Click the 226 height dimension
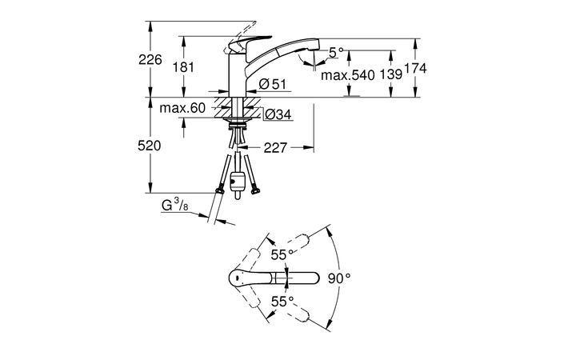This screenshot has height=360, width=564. pyautogui.click(x=150, y=59)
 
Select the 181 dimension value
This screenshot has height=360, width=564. pyautogui.click(x=184, y=68)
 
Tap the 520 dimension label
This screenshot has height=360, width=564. pyautogui.click(x=150, y=146)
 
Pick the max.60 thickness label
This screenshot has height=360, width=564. pyautogui.click(x=182, y=108)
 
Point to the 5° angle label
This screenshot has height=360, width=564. pyautogui.click(x=336, y=51)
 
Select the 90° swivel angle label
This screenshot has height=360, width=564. pyautogui.click(x=340, y=278)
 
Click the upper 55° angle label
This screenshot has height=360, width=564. pyautogui.click(x=279, y=255)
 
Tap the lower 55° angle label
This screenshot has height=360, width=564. pyautogui.click(x=279, y=301)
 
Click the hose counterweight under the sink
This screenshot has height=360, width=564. pyautogui.click(x=237, y=183)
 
